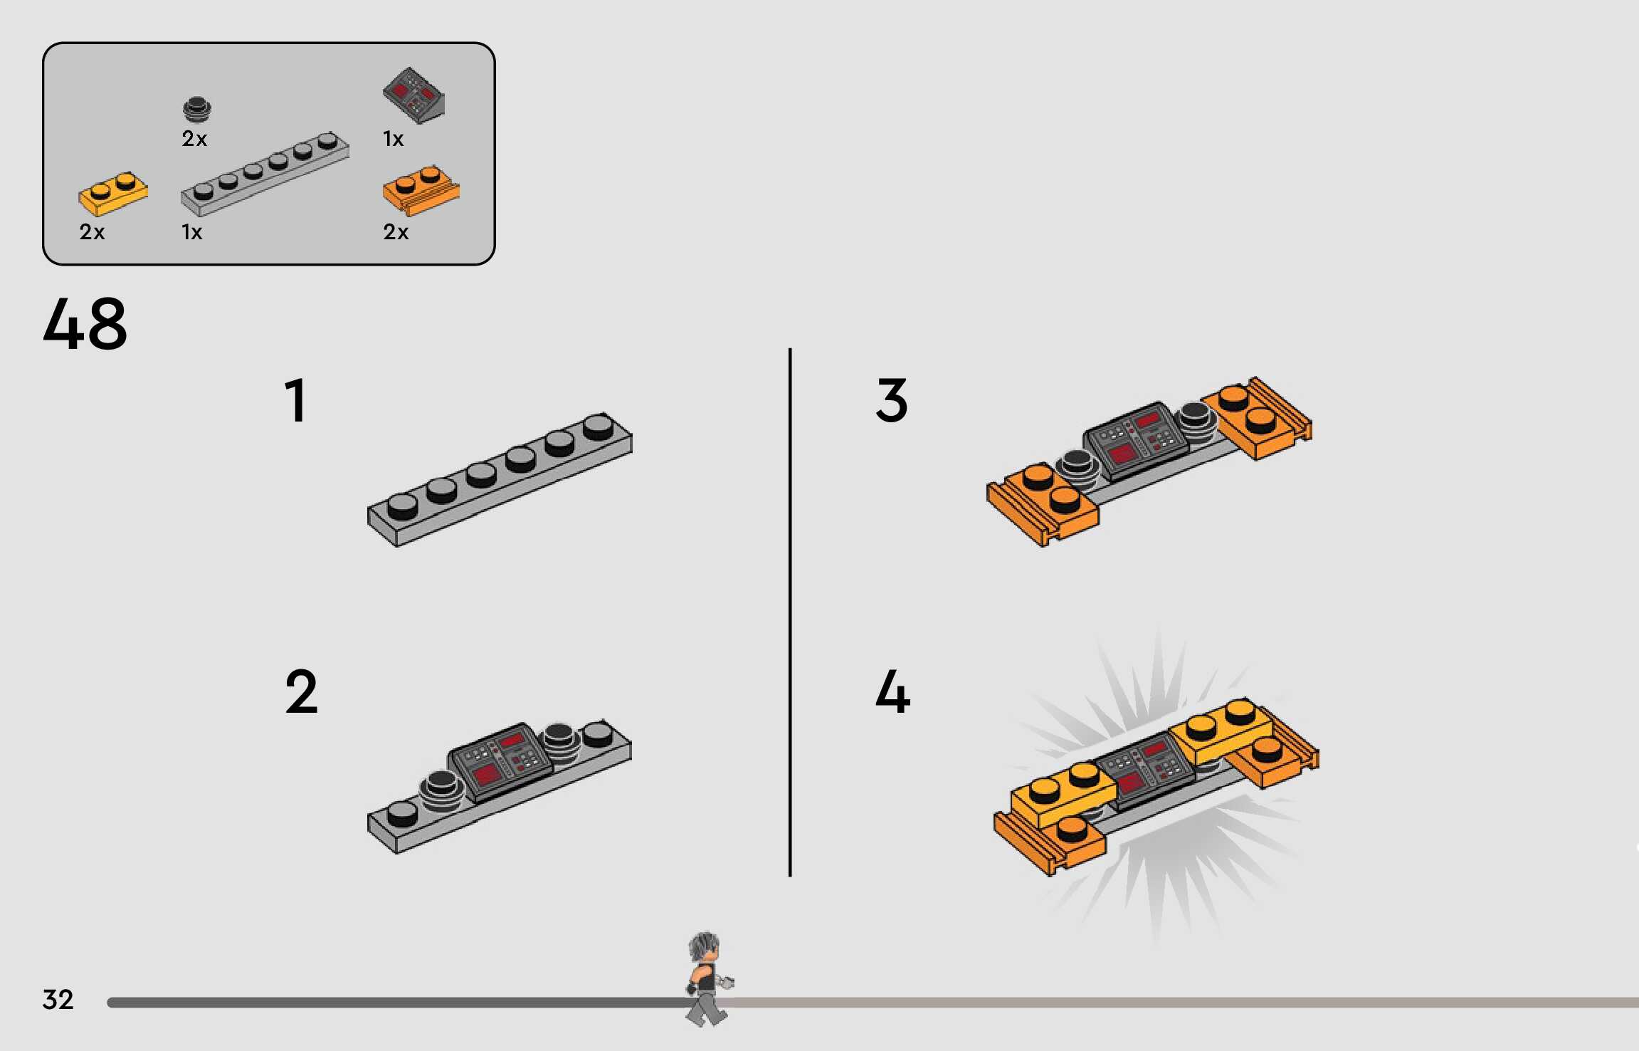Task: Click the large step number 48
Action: pos(85,324)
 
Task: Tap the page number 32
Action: pos(58,1000)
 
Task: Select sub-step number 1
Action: pos(296,400)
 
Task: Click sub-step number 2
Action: pos(301,691)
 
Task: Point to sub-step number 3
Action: pos(892,400)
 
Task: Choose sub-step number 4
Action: pos(893,691)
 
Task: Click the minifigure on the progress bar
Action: pos(707,978)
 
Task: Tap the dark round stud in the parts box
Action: pos(196,110)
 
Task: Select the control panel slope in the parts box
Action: pos(414,95)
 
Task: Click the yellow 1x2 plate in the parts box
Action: pos(113,193)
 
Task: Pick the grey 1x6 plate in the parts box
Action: pos(265,174)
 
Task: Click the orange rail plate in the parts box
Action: pos(421,191)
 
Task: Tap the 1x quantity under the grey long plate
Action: pos(192,232)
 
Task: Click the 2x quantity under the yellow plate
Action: pos(92,232)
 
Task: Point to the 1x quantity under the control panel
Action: pos(394,139)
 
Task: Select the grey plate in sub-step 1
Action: pos(500,479)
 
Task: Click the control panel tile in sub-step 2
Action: pos(501,761)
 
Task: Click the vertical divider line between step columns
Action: pos(790,612)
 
